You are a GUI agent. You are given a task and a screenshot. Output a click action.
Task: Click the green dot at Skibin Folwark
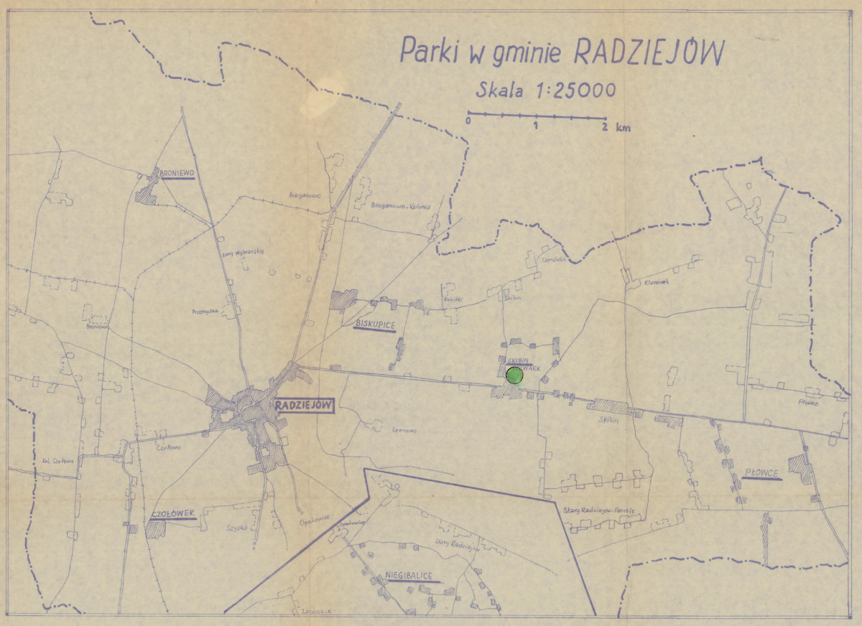click(514, 375)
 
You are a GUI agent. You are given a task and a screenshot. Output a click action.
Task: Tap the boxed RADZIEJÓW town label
click(304, 405)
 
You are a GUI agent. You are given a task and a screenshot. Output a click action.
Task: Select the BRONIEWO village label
click(177, 173)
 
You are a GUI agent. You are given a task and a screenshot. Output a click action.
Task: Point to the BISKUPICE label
click(375, 325)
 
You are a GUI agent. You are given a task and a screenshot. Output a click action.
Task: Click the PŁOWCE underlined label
click(761, 474)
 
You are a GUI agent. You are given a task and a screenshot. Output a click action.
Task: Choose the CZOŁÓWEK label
click(173, 514)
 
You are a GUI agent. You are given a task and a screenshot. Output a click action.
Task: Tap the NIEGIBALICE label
click(412, 576)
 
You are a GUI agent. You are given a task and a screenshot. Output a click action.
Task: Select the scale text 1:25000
click(568, 90)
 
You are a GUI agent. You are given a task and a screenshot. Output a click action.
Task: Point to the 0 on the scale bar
click(468, 123)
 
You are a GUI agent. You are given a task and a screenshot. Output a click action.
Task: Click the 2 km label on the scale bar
click(615, 126)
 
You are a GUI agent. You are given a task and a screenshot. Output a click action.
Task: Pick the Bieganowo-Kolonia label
click(399, 207)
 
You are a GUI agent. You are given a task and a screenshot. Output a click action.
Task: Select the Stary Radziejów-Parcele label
click(599, 509)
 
